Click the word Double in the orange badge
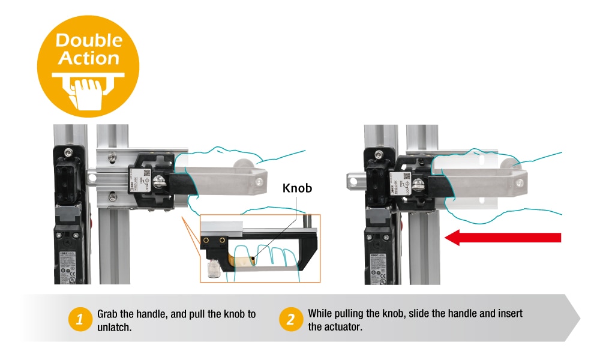coord(89,41)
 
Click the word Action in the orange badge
coord(89,58)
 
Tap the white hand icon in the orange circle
coord(88,90)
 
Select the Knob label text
coord(298,188)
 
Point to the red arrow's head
coord(454,238)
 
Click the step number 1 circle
coord(79,320)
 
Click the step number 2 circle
coord(290,320)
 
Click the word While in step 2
coord(320,313)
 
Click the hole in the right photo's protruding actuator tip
coord(353,179)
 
